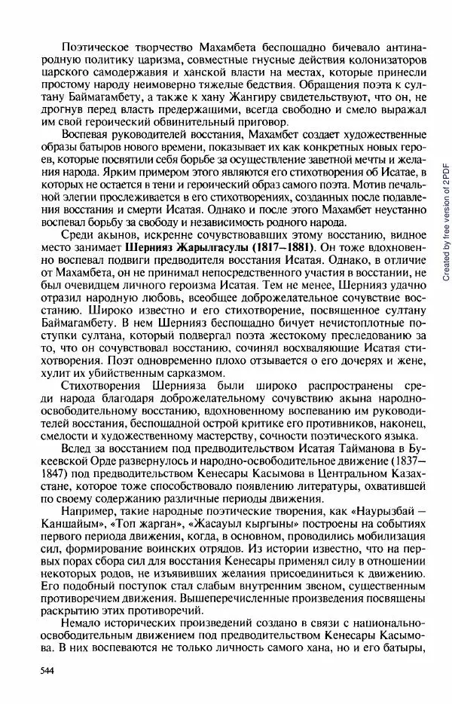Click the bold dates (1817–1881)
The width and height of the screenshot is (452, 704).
point(274,246)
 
